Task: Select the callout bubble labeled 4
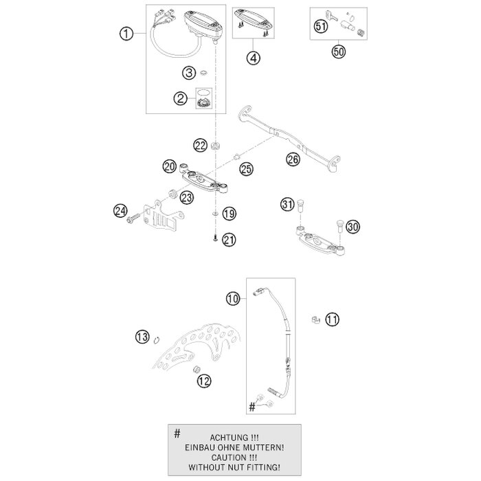click(254, 58)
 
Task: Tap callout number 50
click(337, 51)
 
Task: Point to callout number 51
click(320, 27)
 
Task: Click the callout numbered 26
click(293, 159)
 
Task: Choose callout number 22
click(200, 145)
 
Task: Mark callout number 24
click(122, 210)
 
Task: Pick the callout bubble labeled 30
click(353, 227)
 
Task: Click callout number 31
click(288, 203)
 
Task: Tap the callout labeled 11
click(333, 319)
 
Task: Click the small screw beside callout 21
click(215, 239)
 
